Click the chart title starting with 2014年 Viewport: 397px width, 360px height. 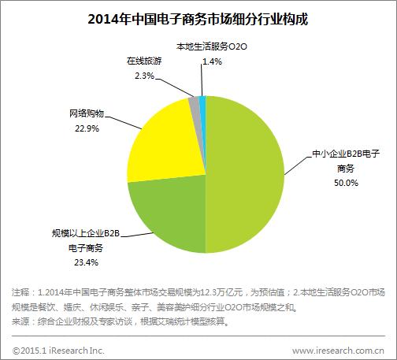pos(198,18)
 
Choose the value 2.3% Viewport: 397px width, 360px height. pos(145,75)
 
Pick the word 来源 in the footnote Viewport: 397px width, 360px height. pos(24,322)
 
